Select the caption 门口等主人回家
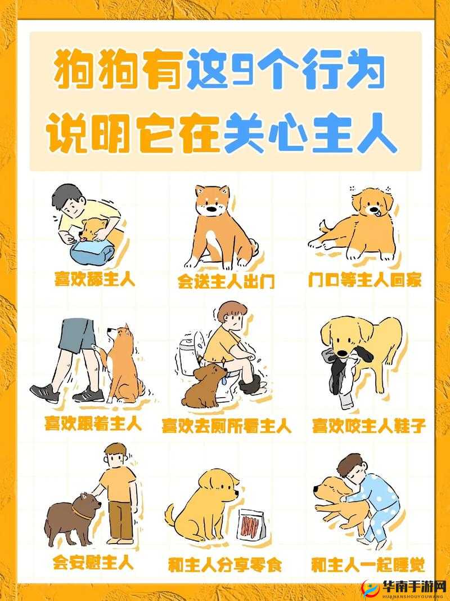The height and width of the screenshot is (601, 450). pos(365,280)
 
